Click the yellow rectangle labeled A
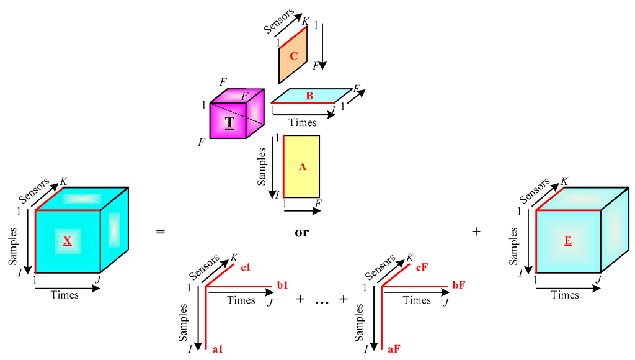pyautogui.click(x=302, y=166)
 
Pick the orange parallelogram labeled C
pyautogui.click(x=293, y=56)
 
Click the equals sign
pyautogui.click(x=161, y=232)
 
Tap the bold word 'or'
pyautogui.click(x=302, y=233)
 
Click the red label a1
pyautogui.click(x=217, y=349)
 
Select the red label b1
pyautogui.click(x=283, y=286)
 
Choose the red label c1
pyautogui.click(x=246, y=268)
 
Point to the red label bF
pyautogui.click(x=459, y=286)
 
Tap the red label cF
pyautogui.click(x=422, y=268)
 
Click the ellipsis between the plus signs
pyautogui.click(x=320, y=301)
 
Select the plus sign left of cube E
pyautogui.click(x=476, y=232)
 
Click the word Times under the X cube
pyautogui.click(x=64, y=295)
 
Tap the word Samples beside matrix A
pyautogui.click(x=262, y=166)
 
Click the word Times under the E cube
pyautogui.click(x=565, y=295)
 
